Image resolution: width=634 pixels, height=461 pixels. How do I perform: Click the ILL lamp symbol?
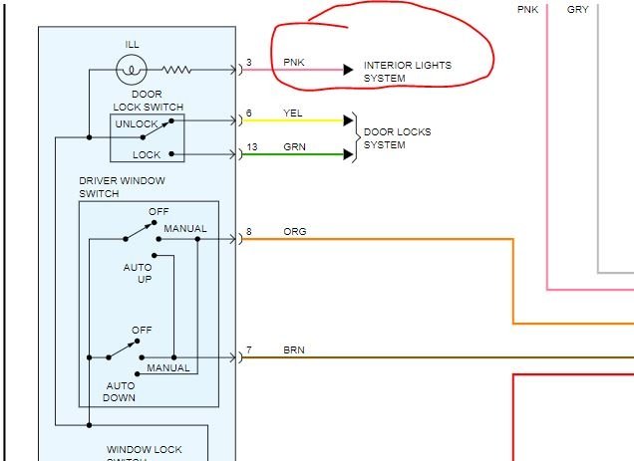[132, 70]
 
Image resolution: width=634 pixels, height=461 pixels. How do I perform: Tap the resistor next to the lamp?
[176, 70]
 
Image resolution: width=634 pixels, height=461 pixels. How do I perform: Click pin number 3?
[248, 63]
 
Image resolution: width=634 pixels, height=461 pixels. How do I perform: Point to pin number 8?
[248, 232]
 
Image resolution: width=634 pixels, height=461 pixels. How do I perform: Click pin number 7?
[248, 349]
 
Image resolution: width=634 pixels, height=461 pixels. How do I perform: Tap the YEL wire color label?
[293, 114]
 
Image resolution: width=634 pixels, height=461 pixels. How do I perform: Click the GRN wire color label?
[293, 146]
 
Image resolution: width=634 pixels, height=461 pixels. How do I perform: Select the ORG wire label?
[294, 232]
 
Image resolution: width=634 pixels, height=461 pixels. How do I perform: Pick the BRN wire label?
[294, 349]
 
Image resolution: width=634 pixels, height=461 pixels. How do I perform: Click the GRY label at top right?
[578, 9]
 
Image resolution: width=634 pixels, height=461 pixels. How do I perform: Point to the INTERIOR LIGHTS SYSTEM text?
[407, 71]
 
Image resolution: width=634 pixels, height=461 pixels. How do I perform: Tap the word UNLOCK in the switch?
[137, 124]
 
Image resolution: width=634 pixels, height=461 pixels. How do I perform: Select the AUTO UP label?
[138, 273]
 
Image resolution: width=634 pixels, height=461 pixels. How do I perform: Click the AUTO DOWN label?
[119, 391]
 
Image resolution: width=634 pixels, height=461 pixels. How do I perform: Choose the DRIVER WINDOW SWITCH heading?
[122, 187]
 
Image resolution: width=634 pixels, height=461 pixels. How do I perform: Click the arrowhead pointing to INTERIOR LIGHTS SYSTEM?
[347, 70]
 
